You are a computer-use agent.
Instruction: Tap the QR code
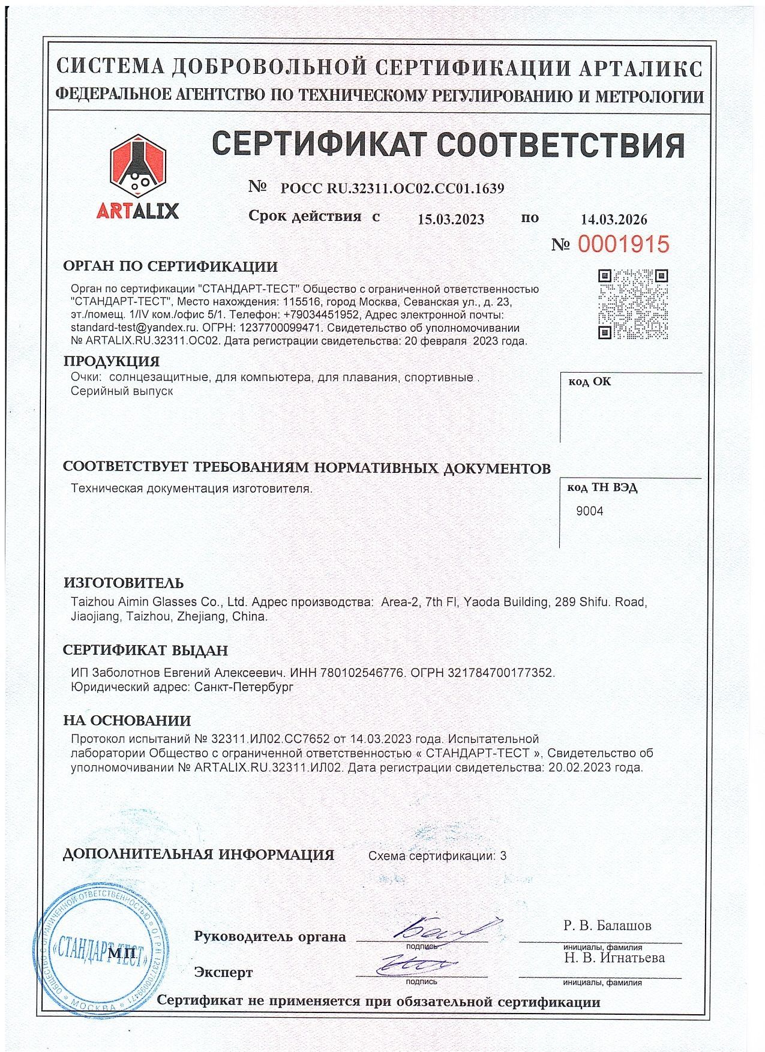pos(632,304)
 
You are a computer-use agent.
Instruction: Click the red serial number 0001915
pos(623,244)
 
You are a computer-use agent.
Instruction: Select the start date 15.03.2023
pos(451,219)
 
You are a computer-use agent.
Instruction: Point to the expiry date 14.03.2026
pos(614,220)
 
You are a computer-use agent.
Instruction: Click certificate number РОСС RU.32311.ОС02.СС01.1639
pos(392,188)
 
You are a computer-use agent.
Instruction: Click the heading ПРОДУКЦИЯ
pos(112,361)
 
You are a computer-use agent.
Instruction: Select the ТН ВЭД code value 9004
pos(589,511)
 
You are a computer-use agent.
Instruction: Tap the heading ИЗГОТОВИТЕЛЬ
pos(124,583)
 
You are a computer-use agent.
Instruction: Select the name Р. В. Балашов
pos(607,925)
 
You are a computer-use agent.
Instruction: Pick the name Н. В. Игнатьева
pos(614,958)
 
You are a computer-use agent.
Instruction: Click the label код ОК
pos(589,382)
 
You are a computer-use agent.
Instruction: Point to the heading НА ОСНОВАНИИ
pos(127,721)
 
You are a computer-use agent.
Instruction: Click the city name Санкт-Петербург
pos(244,687)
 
